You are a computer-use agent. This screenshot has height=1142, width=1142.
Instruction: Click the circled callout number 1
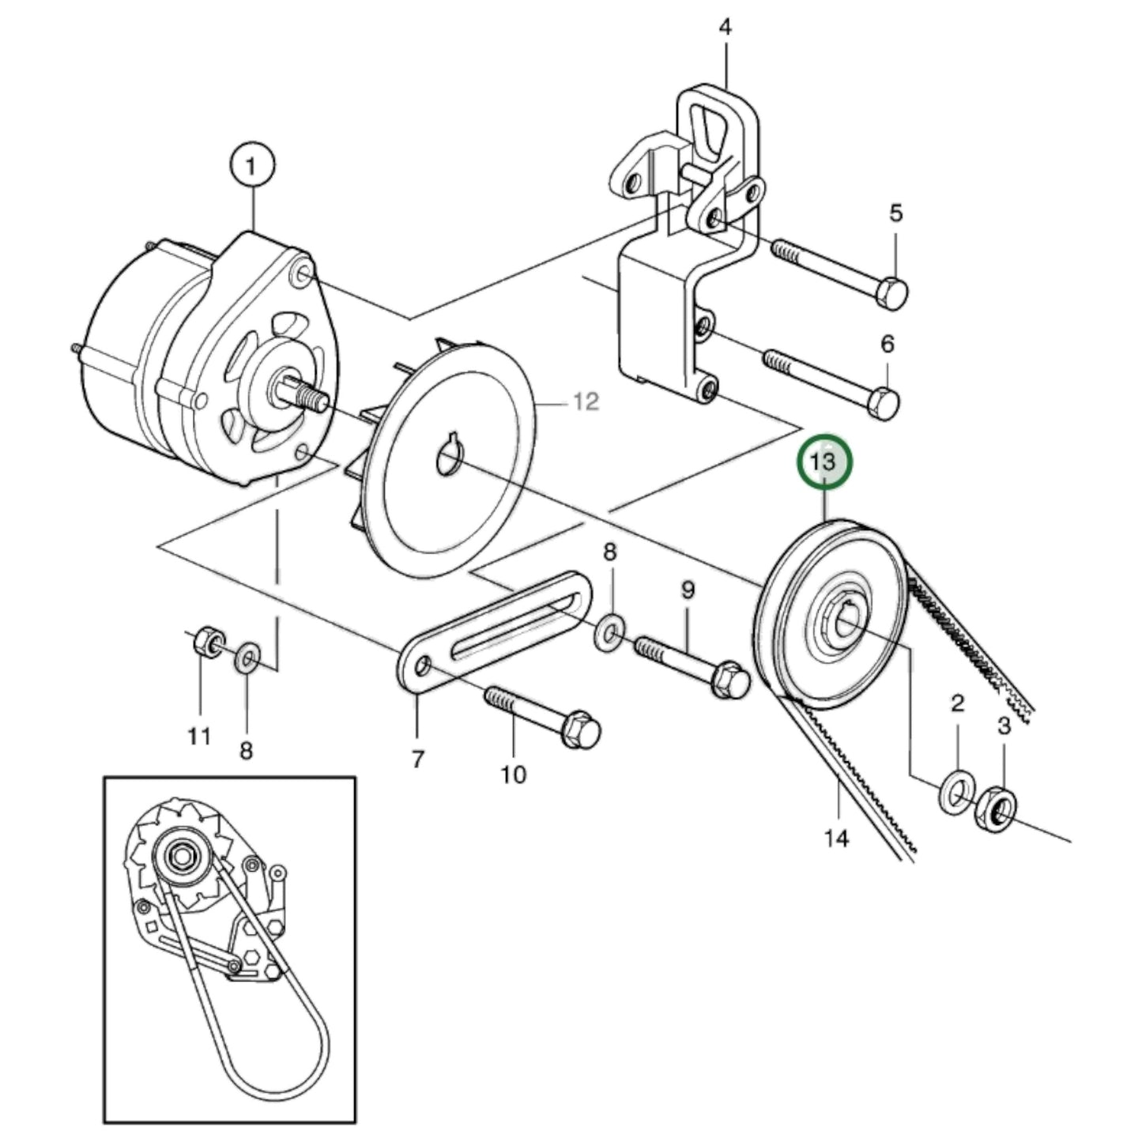[252, 168]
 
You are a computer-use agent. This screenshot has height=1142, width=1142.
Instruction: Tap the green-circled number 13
[825, 462]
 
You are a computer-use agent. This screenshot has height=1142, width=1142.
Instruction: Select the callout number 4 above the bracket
[725, 28]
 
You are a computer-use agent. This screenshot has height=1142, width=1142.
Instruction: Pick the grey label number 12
[586, 402]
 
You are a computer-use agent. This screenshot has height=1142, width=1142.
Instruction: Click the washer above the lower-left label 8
[247, 655]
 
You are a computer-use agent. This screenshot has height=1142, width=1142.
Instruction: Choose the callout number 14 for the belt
[836, 838]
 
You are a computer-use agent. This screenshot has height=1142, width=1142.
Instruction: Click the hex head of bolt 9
[732, 680]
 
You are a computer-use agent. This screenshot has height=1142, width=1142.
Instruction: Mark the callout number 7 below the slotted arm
[417, 759]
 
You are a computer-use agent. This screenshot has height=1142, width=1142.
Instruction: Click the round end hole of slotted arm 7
[423, 668]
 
